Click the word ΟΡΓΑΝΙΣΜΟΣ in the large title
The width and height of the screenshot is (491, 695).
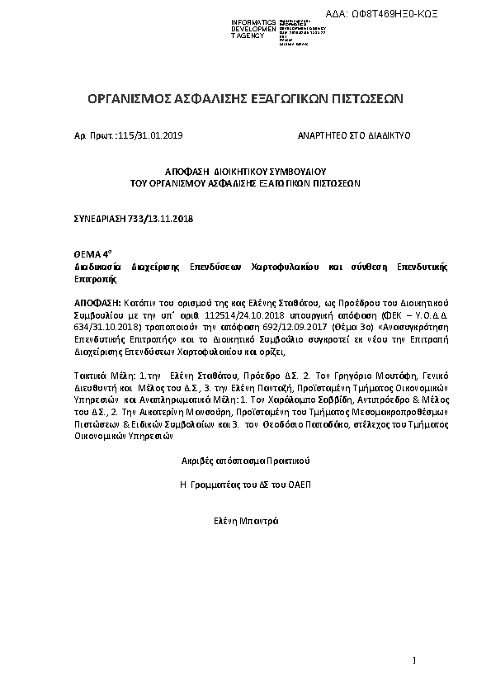(133, 99)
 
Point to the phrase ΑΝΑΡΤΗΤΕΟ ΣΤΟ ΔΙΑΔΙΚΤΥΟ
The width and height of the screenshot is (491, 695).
(354, 134)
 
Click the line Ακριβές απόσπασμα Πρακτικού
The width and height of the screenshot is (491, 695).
(246, 458)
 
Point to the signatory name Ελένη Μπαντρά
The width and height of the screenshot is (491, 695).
(246, 520)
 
